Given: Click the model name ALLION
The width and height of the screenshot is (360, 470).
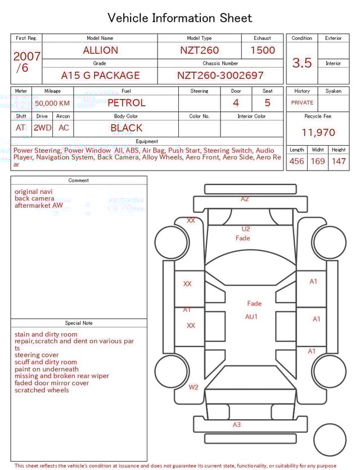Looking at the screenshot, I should point(101,50).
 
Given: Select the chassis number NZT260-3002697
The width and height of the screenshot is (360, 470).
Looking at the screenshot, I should point(220,75).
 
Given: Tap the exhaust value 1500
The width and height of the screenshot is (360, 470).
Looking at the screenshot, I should point(263,50).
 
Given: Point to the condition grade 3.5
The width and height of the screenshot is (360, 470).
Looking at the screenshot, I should point(302,63).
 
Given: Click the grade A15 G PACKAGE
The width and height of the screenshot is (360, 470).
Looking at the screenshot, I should point(100,75).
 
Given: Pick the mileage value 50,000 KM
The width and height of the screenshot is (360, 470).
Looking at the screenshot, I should point(52,103).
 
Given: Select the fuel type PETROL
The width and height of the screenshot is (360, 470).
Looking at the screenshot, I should point(127,102).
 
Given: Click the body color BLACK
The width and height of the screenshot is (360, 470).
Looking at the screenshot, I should point(127,128).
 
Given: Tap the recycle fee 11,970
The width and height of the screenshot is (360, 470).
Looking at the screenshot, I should point(318,133).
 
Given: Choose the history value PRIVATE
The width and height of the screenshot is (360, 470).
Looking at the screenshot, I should point(302,102).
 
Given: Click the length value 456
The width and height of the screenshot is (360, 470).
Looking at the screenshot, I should point(296,162).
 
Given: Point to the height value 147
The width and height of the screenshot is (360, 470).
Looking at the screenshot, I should point(339,162).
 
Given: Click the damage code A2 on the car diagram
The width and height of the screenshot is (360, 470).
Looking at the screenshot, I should point(245,199).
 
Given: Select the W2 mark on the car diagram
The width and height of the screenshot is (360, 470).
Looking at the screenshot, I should point(193,387).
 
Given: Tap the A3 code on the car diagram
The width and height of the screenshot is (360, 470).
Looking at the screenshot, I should point(237,425).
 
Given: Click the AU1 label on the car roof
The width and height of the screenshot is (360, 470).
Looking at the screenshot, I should point(251,317).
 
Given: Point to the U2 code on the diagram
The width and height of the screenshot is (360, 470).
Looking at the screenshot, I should point(246,229).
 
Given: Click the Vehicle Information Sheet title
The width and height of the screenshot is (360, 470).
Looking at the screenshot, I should point(180,18).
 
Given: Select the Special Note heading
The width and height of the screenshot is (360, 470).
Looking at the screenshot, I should point(79,323).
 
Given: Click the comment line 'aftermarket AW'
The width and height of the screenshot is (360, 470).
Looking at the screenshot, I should point(39,205).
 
